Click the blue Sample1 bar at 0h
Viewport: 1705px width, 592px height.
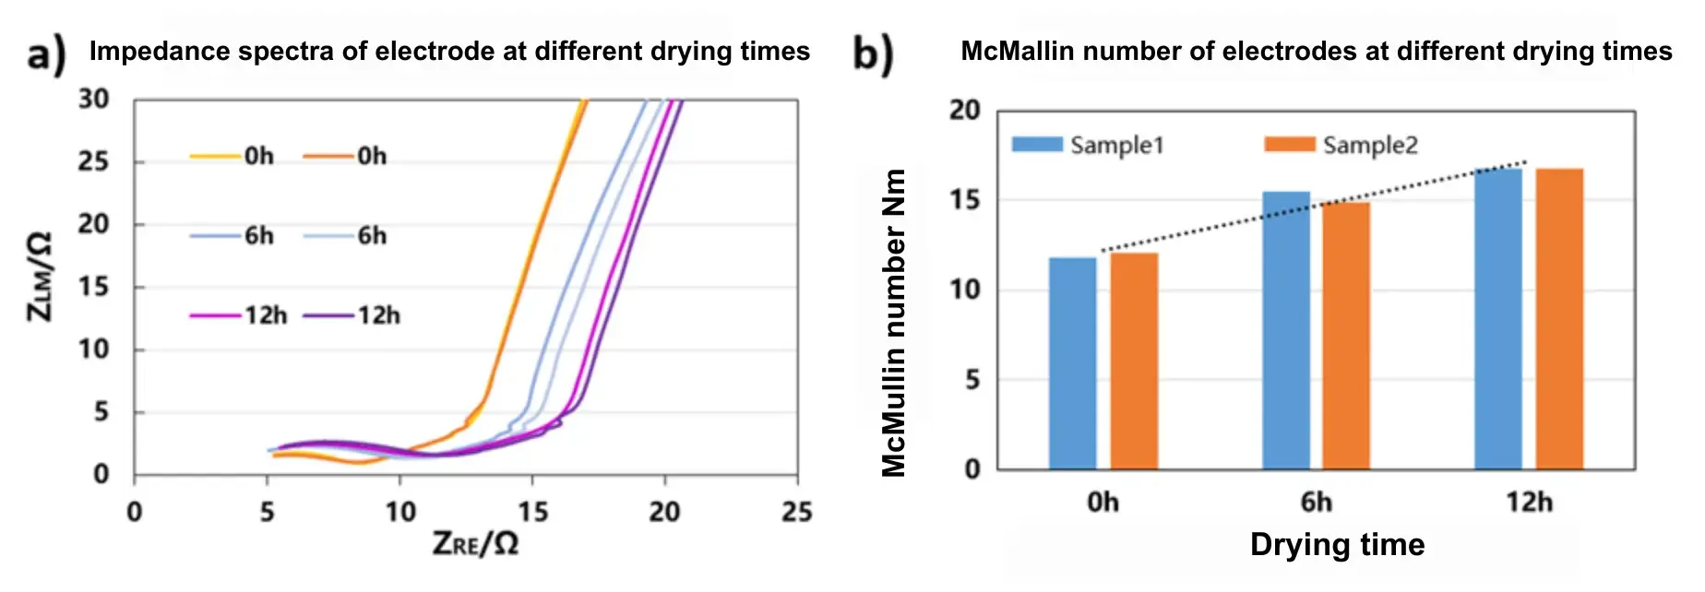pyautogui.click(x=1072, y=363)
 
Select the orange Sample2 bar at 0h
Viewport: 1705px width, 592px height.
pyautogui.click(x=1134, y=361)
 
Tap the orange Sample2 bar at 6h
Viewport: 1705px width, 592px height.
pyautogui.click(x=1346, y=336)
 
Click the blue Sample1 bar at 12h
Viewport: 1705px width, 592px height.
pyautogui.click(x=1498, y=319)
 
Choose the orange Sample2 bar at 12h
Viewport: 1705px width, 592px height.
pyautogui.click(x=1559, y=319)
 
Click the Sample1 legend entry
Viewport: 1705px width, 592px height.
pyautogui.click(x=1089, y=145)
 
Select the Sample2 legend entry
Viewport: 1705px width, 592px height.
pyautogui.click(x=1341, y=145)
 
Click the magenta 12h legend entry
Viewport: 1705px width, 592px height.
pyautogui.click(x=239, y=315)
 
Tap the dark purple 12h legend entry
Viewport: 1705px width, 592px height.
pyautogui.click(x=352, y=315)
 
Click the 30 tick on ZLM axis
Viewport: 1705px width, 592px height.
pyautogui.click(x=93, y=99)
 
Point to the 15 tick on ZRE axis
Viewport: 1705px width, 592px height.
pyautogui.click(x=532, y=511)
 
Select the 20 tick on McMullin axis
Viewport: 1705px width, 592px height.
pyautogui.click(x=964, y=110)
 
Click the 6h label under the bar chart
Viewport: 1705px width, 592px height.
pyautogui.click(x=1316, y=503)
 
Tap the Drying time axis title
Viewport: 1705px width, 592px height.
pyautogui.click(x=1337, y=544)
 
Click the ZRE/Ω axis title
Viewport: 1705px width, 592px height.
pyautogui.click(x=475, y=544)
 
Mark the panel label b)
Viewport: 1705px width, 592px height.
pyautogui.click(x=873, y=53)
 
